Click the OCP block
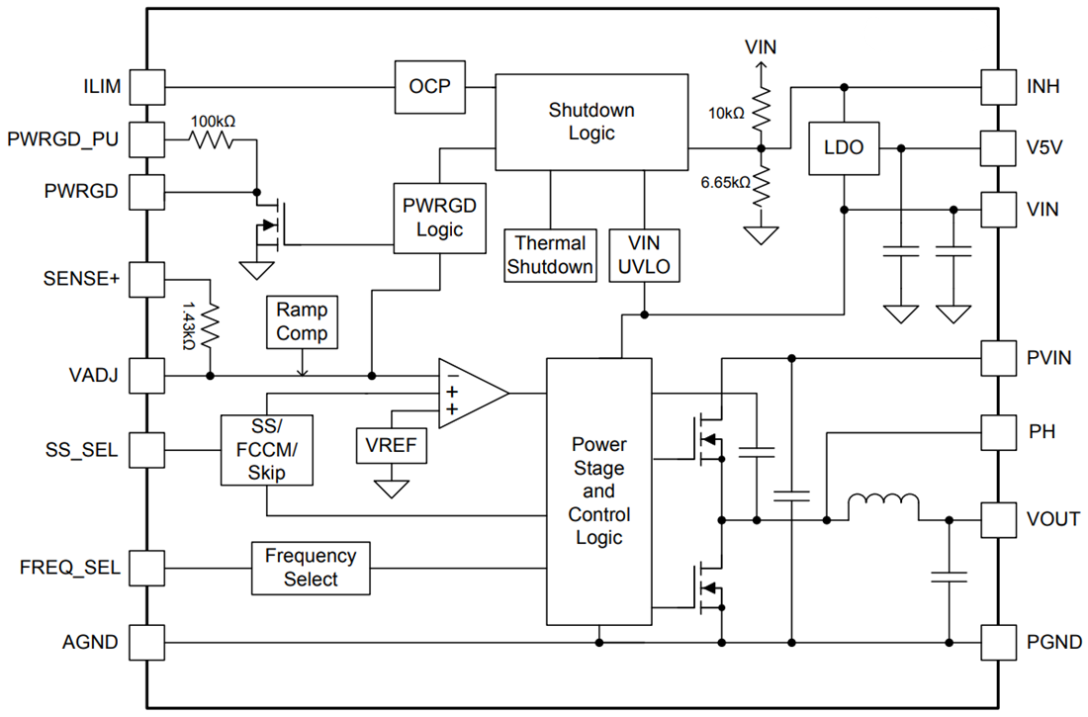point(429,87)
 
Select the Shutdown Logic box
point(591,122)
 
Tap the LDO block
point(844,148)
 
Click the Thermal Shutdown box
point(552,255)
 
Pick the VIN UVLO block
point(644,255)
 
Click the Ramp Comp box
point(302,321)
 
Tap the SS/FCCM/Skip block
point(267,449)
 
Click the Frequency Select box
point(311,568)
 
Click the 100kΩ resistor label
point(213,122)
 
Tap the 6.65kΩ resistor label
point(722,183)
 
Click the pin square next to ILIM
point(147,87)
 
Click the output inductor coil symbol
point(883,507)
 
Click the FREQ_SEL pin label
point(70,568)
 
